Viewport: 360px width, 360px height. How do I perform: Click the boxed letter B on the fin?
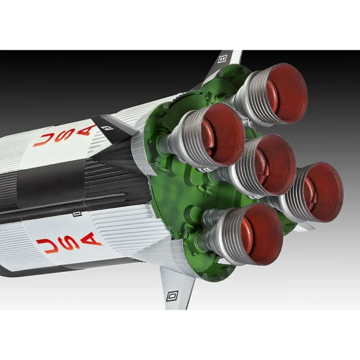[x=223, y=58]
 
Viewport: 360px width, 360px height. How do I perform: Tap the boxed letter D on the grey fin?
[x=172, y=296]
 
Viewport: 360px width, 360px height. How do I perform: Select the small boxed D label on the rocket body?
[x=77, y=214]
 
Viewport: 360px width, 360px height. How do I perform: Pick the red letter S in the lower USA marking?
[x=69, y=242]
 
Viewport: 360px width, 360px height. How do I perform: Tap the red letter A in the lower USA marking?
[x=91, y=239]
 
